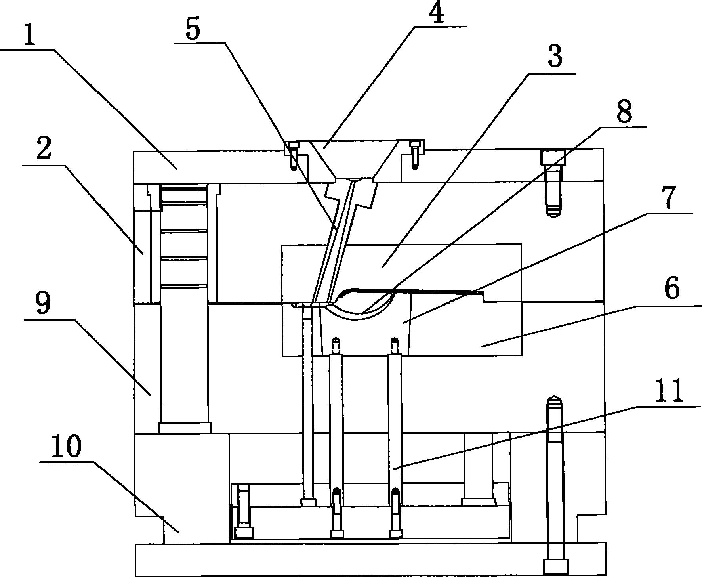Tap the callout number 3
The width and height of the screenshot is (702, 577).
tap(555, 57)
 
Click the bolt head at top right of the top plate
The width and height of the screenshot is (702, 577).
tap(553, 157)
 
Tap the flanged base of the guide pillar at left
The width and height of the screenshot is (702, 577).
tap(185, 428)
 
